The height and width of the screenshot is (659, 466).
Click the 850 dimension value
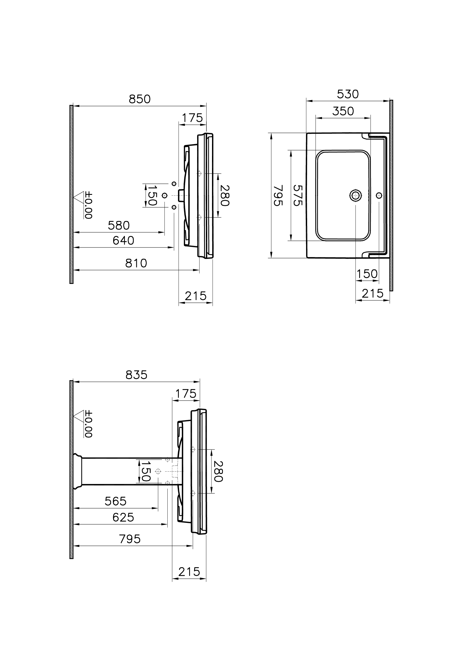tap(139, 99)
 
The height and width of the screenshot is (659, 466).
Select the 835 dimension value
tap(136, 375)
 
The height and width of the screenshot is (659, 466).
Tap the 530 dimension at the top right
tap(348, 94)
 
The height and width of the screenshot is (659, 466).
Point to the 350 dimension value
tap(343, 111)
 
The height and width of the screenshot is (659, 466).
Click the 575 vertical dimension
tap(298, 196)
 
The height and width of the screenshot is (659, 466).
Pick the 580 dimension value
tap(118, 226)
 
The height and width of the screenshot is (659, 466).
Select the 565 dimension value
tap(115, 502)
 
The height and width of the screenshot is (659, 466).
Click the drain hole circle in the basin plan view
tap(355, 195)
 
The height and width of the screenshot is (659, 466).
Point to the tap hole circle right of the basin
tap(379, 195)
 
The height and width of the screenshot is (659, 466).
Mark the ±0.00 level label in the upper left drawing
tap(88, 205)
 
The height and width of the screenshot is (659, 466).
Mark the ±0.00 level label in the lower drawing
tap(88, 424)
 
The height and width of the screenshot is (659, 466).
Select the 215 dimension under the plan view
tap(372, 294)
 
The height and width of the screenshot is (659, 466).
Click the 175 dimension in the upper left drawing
tap(192, 118)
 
